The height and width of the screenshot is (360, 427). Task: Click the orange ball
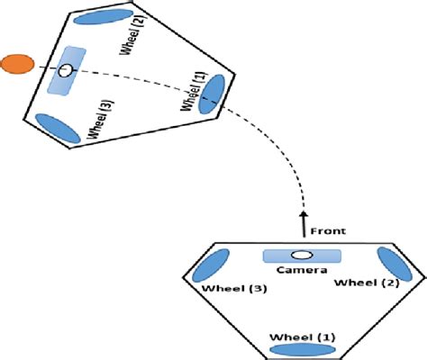tap(16, 64)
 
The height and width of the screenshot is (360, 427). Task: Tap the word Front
tap(327, 230)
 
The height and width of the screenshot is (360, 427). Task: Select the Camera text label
tap(296, 270)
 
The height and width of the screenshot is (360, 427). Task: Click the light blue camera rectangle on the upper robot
tap(66, 71)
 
